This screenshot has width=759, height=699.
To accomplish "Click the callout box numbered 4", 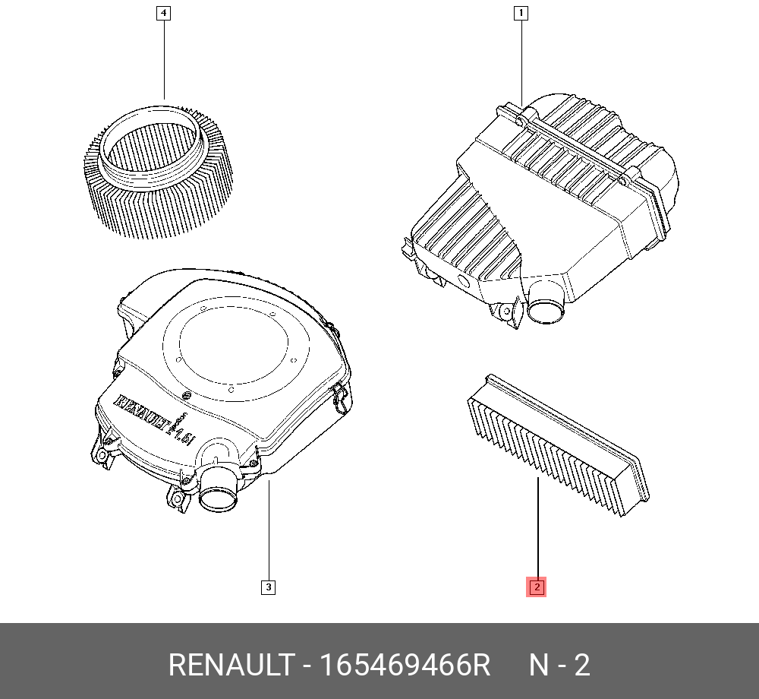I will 163,13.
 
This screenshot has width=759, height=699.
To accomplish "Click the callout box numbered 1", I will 521,13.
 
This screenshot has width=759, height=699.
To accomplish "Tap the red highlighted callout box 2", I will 537,587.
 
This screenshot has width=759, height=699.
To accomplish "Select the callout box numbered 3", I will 268,587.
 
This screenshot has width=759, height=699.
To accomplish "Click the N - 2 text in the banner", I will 559,666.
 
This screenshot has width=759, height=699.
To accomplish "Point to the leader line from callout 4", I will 163,61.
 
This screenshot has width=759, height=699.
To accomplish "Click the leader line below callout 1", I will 521,61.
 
